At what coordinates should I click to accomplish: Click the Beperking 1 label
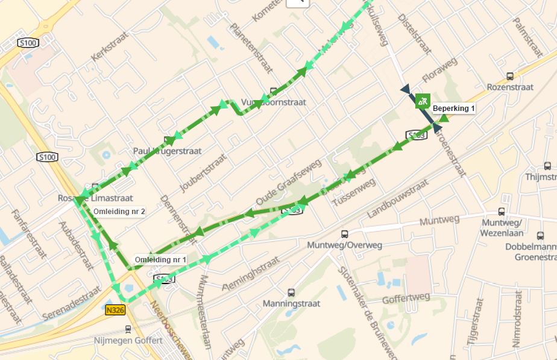tap(454, 109)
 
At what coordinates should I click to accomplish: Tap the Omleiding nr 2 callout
tap(119, 212)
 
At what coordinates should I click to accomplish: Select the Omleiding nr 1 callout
tap(160, 259)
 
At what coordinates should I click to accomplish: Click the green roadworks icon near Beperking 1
tap(423, 100)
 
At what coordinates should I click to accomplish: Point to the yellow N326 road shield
tap(115, 310)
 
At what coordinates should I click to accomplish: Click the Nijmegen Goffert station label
tap(128, 340)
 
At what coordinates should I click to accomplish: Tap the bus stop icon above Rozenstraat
tap(510, 76)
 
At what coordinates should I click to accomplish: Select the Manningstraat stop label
tap(291, 303)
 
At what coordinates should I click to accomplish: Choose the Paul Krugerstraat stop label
tap(167, 151)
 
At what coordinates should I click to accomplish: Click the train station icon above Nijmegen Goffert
tap(128, 329)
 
